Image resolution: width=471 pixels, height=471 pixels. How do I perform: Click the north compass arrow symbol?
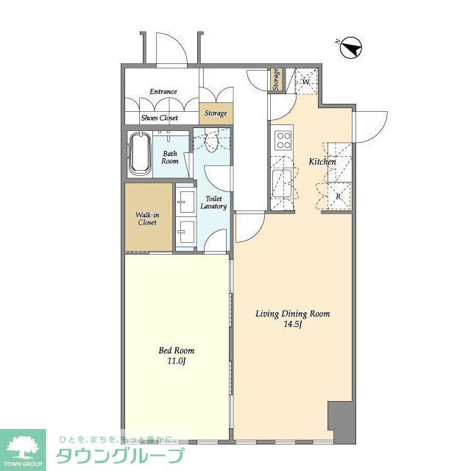pos(351,48)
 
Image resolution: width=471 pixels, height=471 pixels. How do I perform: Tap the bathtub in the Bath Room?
pos(140,154)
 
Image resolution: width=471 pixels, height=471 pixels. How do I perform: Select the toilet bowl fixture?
pos(212,142)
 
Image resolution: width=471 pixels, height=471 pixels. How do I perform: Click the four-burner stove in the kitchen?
pos(283,141)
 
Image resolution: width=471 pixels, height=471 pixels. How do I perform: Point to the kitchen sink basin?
pos(281,183)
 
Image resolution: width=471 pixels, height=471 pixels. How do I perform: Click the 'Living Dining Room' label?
pos(293,314)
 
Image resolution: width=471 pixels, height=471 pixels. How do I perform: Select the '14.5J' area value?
pos(292,325)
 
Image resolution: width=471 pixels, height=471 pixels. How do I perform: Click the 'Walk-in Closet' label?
pos(147,219)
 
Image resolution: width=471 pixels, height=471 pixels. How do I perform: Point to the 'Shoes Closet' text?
pos(160,118)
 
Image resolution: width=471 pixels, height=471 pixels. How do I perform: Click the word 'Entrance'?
pos(163,91)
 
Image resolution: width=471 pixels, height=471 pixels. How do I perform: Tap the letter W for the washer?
pos(306,82)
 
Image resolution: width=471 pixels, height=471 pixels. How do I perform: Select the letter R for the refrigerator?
pos(339,196)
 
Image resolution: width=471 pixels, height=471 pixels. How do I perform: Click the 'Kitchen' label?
pos(322,162)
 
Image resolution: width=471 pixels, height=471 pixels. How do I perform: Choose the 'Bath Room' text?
pos(170,157)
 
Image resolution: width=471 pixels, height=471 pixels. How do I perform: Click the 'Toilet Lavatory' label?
pos(213,202)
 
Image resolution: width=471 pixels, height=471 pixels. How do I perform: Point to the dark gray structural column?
pos(341,422)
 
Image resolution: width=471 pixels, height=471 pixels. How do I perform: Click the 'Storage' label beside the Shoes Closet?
pos(216,113)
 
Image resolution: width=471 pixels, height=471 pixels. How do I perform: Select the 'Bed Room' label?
pos(177,350)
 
